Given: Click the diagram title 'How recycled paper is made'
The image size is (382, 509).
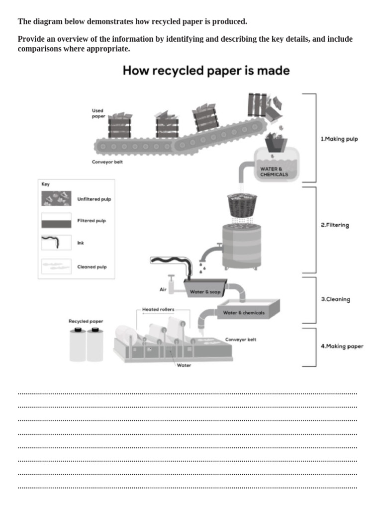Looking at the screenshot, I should [x=206, y=71].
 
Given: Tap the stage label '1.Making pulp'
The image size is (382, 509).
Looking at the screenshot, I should [x=339, y=139].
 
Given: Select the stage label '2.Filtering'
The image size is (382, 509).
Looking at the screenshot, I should [x=335, y=225].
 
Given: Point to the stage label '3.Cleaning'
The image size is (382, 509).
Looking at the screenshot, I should [x=335, y=300].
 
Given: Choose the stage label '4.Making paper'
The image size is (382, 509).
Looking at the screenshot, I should [x=342, y=346].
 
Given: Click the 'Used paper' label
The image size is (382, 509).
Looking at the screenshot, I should [x=98, y=114].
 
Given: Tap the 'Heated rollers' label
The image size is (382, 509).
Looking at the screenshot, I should [x=158, y=309].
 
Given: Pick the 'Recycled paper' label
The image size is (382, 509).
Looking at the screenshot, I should [x=86, y=322].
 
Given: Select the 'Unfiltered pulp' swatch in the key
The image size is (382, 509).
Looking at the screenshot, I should [x=56, y=199].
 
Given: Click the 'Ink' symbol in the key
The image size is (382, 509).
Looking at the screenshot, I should [x=56, y=243].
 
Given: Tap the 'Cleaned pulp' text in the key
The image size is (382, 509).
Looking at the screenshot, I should [x=92, y=267].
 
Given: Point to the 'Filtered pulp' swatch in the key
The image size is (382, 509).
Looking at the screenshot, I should [x=56, y=221].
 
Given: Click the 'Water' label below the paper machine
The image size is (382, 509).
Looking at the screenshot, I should [x=184, y=365].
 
